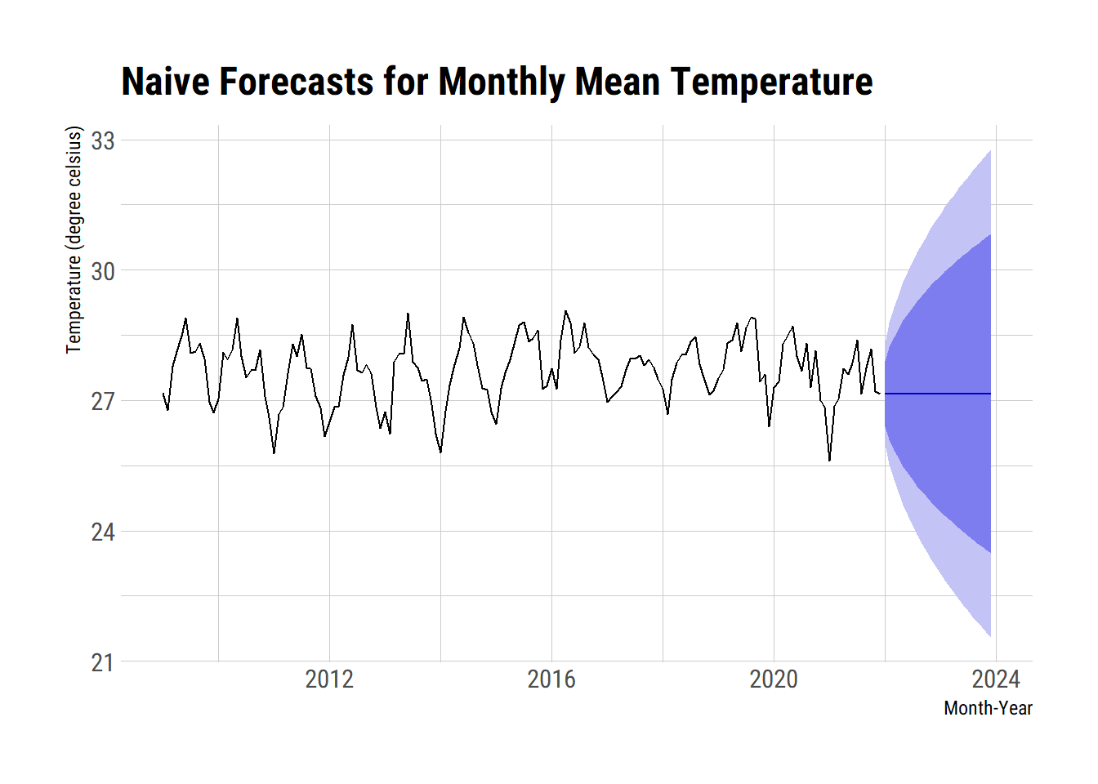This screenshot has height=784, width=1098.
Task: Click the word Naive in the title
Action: [x=165, y=82]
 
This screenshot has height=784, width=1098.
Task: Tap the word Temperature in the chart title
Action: [x=772, y=82]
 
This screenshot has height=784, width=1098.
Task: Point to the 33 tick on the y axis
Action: [x=103, y=141]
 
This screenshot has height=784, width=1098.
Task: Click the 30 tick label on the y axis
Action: [x=103, y=271]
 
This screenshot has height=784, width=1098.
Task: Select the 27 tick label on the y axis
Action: [x=103, y=402]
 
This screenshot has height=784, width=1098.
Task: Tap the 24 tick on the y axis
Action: [x=103, y=532]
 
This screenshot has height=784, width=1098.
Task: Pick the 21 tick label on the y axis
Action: [x=103, y=662]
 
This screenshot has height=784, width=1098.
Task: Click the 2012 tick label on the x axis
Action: [x=329, y=679]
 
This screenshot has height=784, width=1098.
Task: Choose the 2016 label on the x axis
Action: [x=551, y=679]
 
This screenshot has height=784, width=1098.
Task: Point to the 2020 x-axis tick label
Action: [x=774, y=679]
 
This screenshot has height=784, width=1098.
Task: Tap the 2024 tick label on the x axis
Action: [x=996, y=679]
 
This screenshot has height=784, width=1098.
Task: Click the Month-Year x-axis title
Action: [x=988, y=708]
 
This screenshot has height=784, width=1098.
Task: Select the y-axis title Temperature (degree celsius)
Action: [x=74, y=239]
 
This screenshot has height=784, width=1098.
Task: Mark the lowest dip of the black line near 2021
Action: [x=829, y=461]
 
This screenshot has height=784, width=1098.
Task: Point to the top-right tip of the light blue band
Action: [x=990, y=151]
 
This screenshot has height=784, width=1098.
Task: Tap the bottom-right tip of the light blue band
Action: [x=990, y=636]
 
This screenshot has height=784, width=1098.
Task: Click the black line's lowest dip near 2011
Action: [x=274, y=453]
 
